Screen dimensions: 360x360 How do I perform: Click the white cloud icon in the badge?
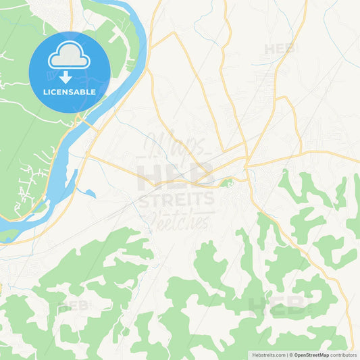tap(69, 57)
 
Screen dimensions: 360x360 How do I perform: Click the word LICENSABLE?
tap(69, 91)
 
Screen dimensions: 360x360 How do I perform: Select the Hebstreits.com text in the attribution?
tap(269, 355)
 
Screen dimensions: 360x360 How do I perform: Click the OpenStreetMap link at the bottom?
tap(311, 355)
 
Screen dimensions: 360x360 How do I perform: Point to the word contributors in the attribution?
tap(344, 355)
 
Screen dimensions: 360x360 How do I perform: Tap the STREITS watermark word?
tap(177, 199)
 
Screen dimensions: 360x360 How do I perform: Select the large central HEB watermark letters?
tap(175, 174)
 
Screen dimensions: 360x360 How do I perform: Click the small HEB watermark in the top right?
tap(279, 49)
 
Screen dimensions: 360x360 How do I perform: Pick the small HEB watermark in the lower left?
tap(74, 305)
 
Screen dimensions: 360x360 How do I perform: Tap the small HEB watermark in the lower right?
tap(278, 307)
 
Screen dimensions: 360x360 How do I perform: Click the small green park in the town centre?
tap(228, 182)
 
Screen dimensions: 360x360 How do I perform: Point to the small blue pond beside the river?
tap(88, 193)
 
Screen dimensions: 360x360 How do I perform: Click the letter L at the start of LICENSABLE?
tap(44, 91)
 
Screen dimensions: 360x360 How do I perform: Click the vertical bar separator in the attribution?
tap(286, 355)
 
